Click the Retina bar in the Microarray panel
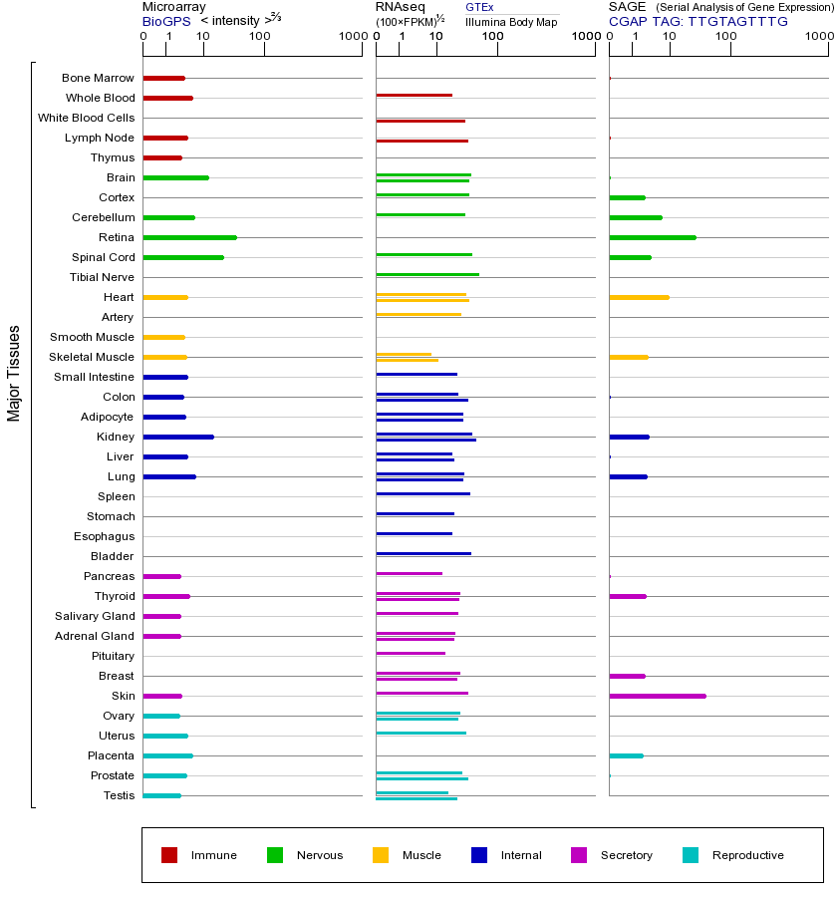189,237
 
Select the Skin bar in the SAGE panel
658,696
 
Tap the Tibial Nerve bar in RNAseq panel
426,274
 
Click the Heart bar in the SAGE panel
639,297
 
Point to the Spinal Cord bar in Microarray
183,257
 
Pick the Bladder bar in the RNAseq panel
423,553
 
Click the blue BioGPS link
165,21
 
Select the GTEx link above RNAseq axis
479,7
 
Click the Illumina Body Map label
511,22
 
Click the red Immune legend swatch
169,855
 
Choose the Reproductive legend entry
747,855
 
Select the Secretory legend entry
626,855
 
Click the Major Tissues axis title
14,373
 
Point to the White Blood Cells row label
86,118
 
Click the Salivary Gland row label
95,616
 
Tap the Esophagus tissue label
105,536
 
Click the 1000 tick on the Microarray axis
351,37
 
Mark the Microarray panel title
174,7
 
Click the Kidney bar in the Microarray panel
178,437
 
